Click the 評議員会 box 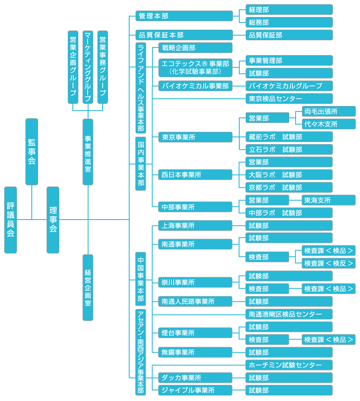[11, 220]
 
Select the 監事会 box [32, 151]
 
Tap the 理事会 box [53, 220]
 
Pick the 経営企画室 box [88, 287]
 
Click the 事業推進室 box [88, 152]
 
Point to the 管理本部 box [184, 16]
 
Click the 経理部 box [289, 10]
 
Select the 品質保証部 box [289, 35]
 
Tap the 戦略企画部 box [195, 48]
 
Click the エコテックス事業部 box [195, 67]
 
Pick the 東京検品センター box [289, 99]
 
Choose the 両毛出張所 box [328, 111]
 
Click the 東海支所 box [328, 200]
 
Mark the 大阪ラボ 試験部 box [289, 175]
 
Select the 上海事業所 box [195, 226]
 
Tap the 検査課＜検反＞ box [328, 263]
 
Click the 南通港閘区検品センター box [289, 314]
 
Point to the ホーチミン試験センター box [289, 365]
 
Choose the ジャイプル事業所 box [195, 390]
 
